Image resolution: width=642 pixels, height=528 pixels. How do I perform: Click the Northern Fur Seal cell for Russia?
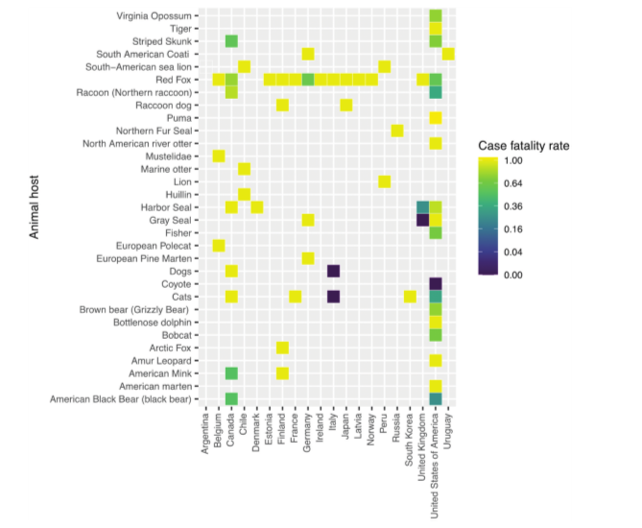[x=397, y=131]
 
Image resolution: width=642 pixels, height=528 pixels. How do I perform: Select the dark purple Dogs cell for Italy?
[x=333, y=271]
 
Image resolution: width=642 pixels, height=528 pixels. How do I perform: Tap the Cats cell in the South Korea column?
[x=410, y=296]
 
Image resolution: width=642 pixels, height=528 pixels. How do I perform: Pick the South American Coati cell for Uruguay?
[x=448, y=54]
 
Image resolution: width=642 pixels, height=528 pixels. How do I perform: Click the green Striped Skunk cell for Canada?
[x=231, y=41]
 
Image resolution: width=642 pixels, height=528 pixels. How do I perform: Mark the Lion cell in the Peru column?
[x=384, y=181]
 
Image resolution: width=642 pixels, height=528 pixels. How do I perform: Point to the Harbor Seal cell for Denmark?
[x=256, y=207]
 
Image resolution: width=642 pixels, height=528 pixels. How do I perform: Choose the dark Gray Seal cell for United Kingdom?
[x=422, y=220]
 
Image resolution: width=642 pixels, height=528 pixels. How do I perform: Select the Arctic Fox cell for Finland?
[x=282, y=347]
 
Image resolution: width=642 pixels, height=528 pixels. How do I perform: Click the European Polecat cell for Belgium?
[x=219, y=245]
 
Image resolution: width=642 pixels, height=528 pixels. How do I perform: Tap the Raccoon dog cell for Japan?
[x=345, y=105]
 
